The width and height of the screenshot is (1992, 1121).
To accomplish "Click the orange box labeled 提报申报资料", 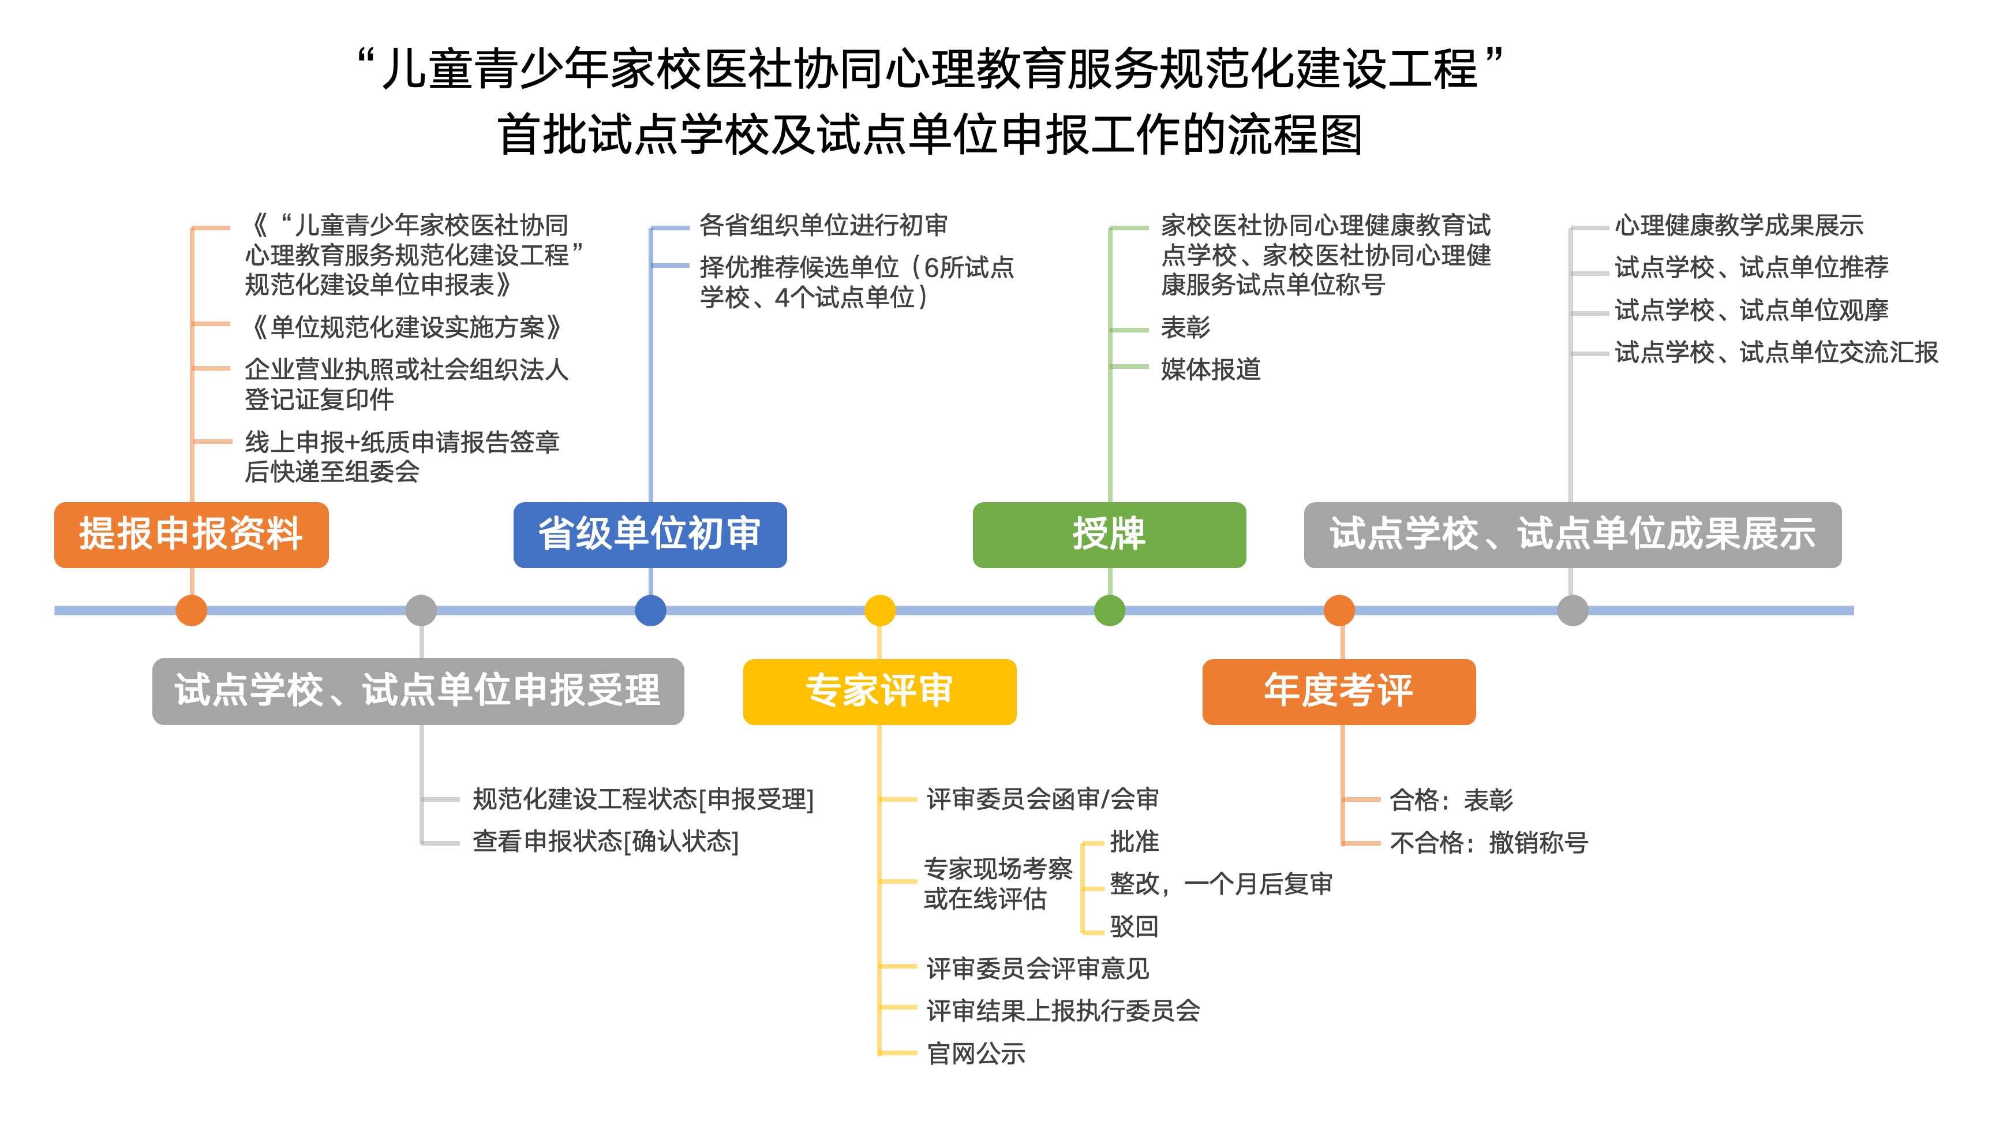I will [x=191, y=535].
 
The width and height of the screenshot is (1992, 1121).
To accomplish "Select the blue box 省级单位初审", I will [x=650, y=535].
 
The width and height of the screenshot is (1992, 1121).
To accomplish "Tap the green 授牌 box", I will [x=1109, y=535].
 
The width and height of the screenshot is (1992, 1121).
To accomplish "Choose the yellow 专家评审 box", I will [x=879, y=692].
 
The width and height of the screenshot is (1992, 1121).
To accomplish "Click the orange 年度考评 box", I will [x=1339, y=692].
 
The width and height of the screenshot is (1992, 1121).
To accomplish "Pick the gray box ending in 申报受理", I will [x=418, y=692].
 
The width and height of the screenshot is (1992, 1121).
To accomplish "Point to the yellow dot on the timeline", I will [x=880, y=610].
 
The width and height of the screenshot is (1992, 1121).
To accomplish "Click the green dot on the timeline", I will [x=1110, y=610].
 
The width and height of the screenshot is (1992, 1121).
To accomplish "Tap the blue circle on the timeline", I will [x=650, y=610].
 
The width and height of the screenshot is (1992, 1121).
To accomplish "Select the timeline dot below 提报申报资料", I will [x=191, y=610].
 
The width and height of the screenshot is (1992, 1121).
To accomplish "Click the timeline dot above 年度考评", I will [x=1339, y=610].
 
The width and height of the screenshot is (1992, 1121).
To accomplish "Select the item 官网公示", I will [x=976, y=1053].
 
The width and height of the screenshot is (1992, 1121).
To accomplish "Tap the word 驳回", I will [x=1134, y=926].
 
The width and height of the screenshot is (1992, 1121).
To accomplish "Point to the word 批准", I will [x=1134, y=842].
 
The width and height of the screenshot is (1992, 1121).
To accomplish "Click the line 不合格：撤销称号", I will [x=1489, y=843].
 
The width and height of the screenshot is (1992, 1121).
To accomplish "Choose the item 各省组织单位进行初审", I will [x=823, y=226].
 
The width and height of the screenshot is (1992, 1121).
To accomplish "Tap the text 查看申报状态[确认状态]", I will [x=605, y=842].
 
